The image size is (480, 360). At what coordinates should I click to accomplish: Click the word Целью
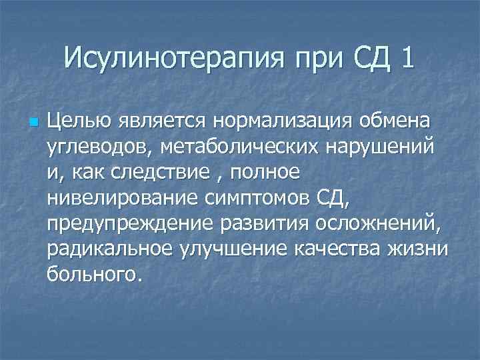[x=77, y=123]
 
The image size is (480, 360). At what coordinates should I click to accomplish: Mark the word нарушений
[x=381, y=148]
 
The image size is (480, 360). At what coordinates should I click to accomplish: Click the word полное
[x=265, y=173]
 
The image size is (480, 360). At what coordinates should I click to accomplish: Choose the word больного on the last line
[x=92, y=273]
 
